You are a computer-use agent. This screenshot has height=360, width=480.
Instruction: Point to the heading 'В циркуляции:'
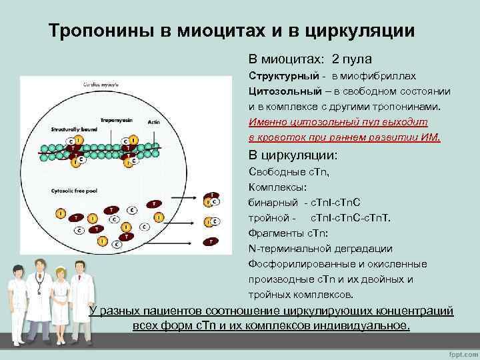tap(293, 155)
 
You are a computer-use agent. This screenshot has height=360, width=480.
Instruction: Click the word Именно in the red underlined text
tap(265, 122)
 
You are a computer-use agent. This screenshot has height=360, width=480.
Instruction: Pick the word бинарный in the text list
tap(271, 202)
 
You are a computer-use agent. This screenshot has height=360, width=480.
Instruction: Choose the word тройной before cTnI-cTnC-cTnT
tap(269, 218)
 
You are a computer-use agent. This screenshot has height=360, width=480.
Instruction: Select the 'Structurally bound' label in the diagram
tap(72, 127)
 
